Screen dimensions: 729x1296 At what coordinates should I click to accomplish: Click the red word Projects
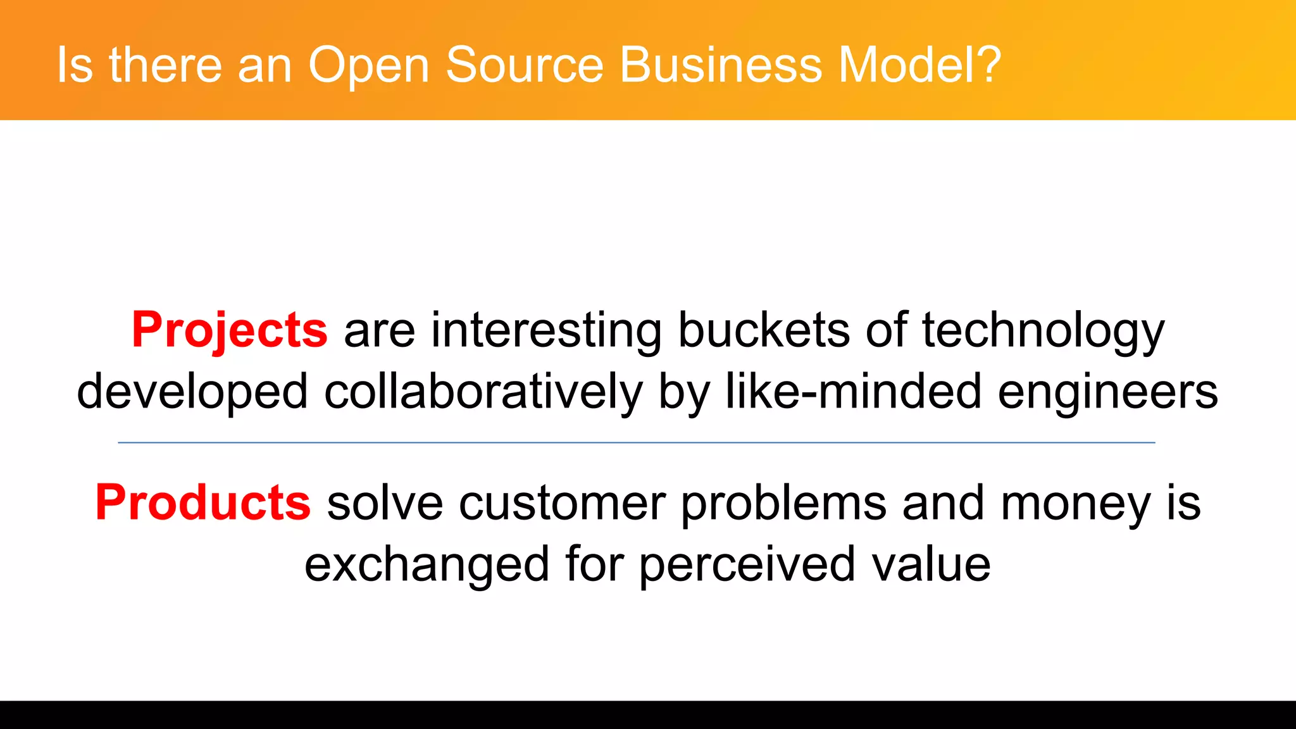[x=229, y=330]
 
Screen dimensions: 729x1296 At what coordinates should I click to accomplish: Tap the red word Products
[x=202, y=503]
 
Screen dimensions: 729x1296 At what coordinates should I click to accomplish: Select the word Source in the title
[x=525, y=65]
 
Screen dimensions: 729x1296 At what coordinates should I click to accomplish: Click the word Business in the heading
[x=721, y=65]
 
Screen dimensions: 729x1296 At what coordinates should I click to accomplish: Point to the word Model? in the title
[x=919, y=65]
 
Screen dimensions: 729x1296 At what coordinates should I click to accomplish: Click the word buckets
[x=764, y=330]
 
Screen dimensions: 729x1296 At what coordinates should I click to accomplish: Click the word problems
[x=783, y=504]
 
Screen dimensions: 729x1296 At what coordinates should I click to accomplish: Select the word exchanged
[x=427, y=564]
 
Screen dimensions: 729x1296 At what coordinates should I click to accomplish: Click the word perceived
[x=747, y=564]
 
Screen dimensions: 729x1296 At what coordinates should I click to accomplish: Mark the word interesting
[x=546, y=330]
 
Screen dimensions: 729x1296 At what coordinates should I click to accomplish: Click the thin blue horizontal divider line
[x=636, y=443]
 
